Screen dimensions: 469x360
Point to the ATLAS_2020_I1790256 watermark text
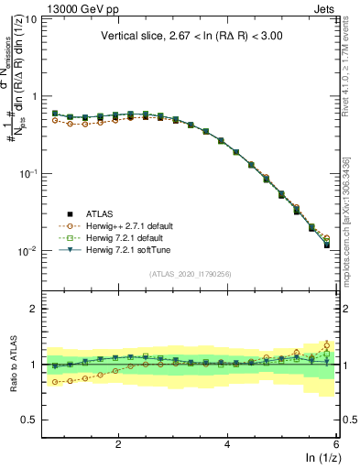(x=190, y=274)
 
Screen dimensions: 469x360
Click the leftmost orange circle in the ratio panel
(x=55, y=382)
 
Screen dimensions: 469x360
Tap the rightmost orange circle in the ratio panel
(x=327, y=345)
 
